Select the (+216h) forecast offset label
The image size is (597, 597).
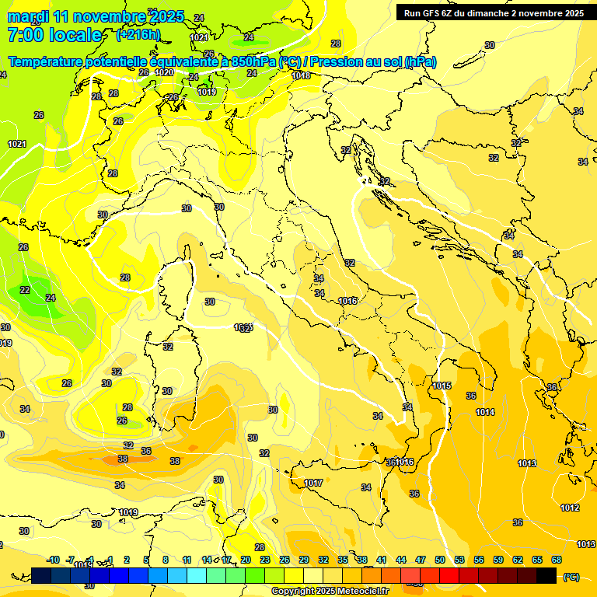click(x=138, y=34)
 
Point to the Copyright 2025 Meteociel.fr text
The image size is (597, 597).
click(x=330, y=591)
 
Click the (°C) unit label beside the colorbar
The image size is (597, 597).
click(x=571, y=577)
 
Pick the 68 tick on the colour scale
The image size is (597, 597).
click(x=557, y=560)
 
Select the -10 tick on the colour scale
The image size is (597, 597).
click(x=53, y=560)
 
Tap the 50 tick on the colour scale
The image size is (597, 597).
click(x=440, y=560)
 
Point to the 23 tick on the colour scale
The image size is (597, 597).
click(x=265, y=560)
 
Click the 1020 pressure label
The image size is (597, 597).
click(x=164, y=72)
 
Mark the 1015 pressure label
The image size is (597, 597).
click(x=442, y=386)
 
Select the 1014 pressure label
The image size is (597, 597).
click(x=485, y=412)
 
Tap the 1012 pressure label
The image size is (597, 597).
click(x=570, y=508)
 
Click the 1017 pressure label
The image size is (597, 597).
click(x=313, y=483)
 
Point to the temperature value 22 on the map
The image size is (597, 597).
click(x=25, y=290)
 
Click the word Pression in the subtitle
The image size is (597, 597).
click(x=331, y=62)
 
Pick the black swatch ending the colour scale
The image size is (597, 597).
click(x=546, y=576)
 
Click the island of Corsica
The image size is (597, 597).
click(x=175, y=288)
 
